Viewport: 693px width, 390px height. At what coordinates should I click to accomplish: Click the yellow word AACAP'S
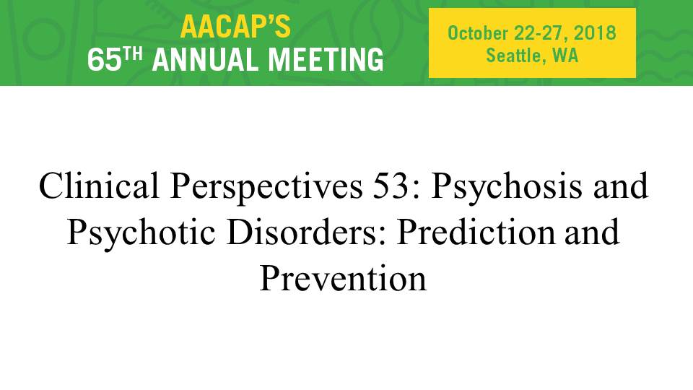[235, 27]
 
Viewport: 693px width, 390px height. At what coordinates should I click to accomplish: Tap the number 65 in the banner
[104, 60]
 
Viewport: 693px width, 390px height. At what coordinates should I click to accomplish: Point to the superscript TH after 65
[133, 54]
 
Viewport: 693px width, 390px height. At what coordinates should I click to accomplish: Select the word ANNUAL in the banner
[206, 60]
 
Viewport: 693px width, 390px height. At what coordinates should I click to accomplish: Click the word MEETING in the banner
[326, 60]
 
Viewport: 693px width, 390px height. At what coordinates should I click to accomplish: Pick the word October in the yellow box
[478, 33]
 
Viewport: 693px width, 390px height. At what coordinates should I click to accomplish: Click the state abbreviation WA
[565, 56]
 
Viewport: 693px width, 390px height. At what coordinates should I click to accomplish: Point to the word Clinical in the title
[99, 186]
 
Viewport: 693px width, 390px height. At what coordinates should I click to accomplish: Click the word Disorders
[307, 232]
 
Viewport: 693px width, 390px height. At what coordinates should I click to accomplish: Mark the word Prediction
[476, 232]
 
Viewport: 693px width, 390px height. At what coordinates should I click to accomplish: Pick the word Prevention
[343, 279]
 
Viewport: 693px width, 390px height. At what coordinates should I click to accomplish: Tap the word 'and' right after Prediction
[592, 232]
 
